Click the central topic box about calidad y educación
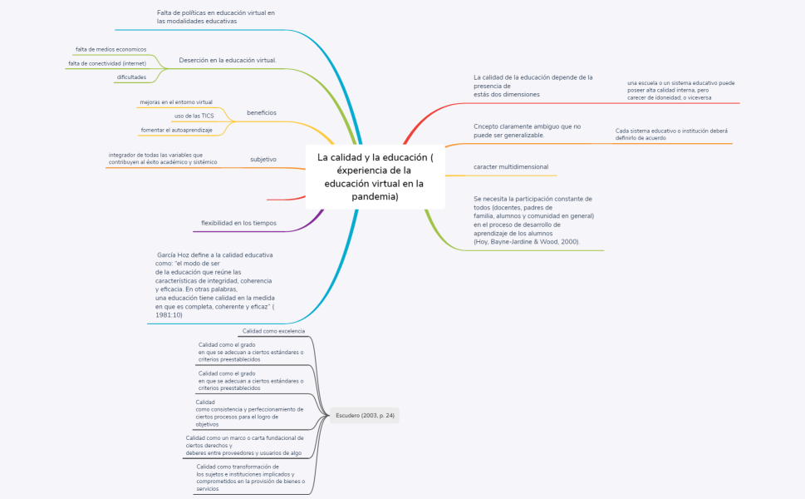tap(375, 177)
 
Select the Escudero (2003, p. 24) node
tap(365, 415)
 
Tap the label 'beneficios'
tap(262, 112)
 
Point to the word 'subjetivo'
tap(263, 160)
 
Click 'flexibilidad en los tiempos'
tap(238, 223)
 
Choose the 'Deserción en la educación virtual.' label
tap(228, 60)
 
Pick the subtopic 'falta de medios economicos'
tap(110, 49)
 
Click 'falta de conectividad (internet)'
tap(107, 64)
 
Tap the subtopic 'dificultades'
tap(131, 77)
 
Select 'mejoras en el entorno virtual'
tap(176, 102)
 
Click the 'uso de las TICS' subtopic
tap(194, 116)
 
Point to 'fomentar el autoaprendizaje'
tap(177, 131)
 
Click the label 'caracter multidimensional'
tap(511, 167)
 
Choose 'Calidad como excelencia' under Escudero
tap(273, 332)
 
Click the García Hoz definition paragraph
tap(215, 284)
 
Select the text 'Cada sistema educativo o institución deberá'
tap(671, 131)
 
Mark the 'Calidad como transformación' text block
tap(251, 477)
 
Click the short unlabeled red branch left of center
tap(286, 199)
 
